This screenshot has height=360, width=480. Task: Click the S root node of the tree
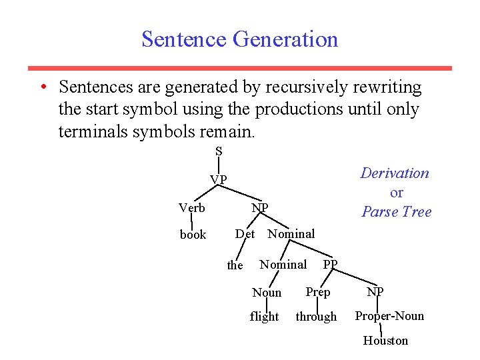(219, 151)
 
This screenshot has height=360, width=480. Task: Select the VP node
(219, 180)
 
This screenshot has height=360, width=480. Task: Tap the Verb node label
(191, 208)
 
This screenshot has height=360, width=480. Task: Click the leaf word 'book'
(193, 235)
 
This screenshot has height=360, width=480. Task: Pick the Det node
(245, 234)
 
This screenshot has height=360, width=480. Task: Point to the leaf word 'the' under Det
(235, 265)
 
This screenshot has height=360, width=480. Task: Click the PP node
(330, 265)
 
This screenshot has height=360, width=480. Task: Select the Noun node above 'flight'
(267, 293)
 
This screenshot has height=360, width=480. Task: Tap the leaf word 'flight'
(264, 317)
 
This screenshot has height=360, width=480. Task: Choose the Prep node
(317, 292)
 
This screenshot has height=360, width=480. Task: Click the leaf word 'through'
(316, 317)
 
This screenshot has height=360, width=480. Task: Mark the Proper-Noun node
(389, 316)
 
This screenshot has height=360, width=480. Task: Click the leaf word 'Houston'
(385, 341)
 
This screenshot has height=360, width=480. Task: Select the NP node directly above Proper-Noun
(375, 292)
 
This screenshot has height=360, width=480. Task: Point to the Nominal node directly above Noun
(283, 265)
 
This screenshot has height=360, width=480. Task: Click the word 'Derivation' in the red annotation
(395, 173)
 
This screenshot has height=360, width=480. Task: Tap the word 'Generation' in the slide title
(285, 39)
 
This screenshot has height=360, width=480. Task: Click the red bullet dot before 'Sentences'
(42, 87)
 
